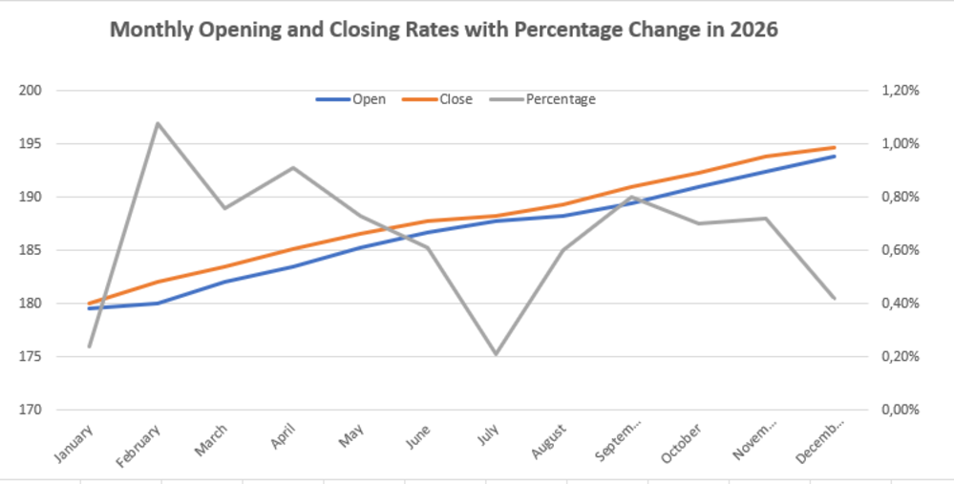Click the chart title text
coord(443,30)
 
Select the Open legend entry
coord(351,99)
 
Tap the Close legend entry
coord(437,99)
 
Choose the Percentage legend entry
coord(542,99)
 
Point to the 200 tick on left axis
coord(31,91)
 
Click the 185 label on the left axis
coord(31,250)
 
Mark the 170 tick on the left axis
coord(31,410)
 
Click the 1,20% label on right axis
coord(900,91)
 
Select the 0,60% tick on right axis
coord(900,250)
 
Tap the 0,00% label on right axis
coord(900,410)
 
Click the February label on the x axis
coord(138,446)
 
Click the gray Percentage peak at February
coord(158,123)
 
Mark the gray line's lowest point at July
coord(497,353)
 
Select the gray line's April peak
coord(293,167)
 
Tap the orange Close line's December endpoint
coord(835,147)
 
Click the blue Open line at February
coord(158,303)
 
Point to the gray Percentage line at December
coord(835,298)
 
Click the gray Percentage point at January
coord(90,347)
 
